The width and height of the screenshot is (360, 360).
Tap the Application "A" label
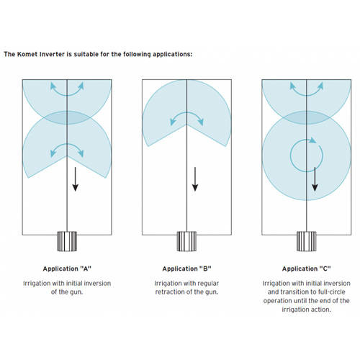coord(67,269)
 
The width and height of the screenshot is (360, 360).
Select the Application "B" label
coord(186,269)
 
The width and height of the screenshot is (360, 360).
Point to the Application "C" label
coord(307,269)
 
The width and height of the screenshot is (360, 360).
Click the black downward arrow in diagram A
coord(76,179)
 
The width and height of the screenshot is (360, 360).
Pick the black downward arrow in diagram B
coord(195,179)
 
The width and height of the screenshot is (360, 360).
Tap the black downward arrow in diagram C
coord(315,179)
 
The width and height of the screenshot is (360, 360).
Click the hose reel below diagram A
coord(67,241)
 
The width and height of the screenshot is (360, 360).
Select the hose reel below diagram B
coord(186,241)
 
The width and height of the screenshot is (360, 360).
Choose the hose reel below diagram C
coord(307,241)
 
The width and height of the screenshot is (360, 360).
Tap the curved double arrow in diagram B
coord(186,112)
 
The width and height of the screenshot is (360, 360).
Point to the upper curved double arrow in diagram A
coord(67,95)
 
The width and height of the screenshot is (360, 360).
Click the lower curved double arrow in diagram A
coord(67,144)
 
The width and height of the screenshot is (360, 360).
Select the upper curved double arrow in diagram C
coord(307,95)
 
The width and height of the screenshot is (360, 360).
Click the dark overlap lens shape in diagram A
coord(67,117)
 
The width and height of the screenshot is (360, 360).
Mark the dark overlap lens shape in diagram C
coord(307,117)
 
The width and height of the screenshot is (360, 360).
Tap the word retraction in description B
coord(171,292)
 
